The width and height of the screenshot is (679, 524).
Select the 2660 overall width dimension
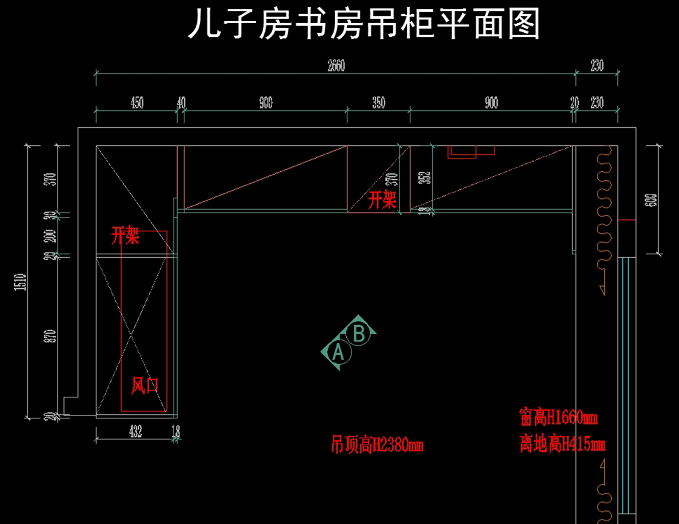pyautogui.click(x=336, y=66)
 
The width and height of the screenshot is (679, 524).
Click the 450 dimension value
pyautogui.click(x=136, y=103)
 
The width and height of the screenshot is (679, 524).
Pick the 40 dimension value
pyautogui.click(x=181, y=103)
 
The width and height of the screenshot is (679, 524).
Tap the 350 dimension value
pyautogui.click(x=379, y=103)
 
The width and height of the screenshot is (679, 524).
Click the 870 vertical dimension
pyautogui.click(x=53, y=337)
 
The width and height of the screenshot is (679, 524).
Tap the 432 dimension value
pyautogui.click(x=135, y=432)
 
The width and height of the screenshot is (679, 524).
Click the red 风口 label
pyautogui.click(x=145, y=386)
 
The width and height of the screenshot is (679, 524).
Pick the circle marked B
pyautogui.click(x=359, y=334)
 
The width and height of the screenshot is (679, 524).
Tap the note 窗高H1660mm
pyautogui.click(x=558, y=418)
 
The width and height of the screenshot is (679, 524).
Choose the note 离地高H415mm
pyautogui.click(x=562, y=444)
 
